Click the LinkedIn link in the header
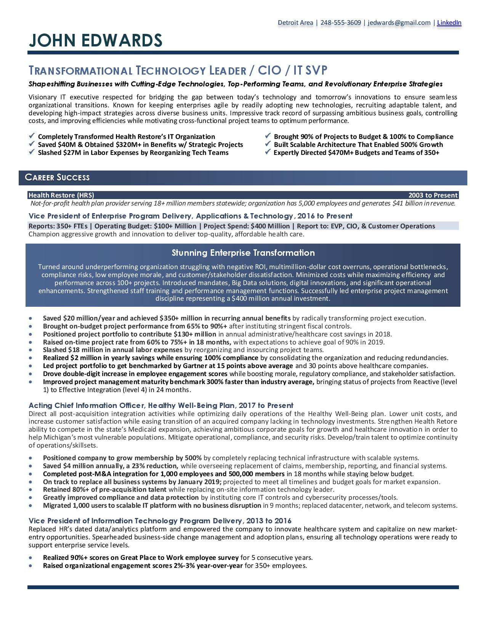click(449, 22)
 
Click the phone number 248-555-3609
click(340, 22)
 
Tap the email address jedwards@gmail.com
click(399, 22)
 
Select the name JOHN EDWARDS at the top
click(96, 41)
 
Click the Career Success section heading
click(57, 177)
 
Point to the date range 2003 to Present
click(433, 195)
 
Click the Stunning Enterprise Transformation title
click(243, 253)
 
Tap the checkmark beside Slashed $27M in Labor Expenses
click(32, 152)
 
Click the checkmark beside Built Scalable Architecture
click(268, 144)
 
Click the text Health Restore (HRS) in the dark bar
click(61, 195)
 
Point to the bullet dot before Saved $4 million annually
click(30, 466)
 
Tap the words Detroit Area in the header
click(295, 22)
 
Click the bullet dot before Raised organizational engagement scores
click(30, 566)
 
